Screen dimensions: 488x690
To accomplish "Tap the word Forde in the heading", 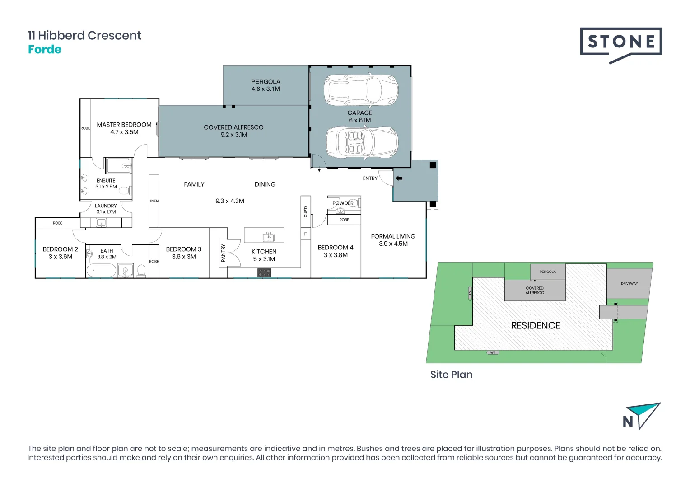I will pos(45,50).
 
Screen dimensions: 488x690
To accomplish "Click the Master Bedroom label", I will pos(124,125).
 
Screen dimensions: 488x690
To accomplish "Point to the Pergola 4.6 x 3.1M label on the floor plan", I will pos(266,85).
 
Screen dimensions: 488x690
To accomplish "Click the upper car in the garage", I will pos(361,89).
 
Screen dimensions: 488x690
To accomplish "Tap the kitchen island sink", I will pos(269,237).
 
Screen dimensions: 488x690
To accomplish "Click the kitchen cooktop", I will pos(264,272).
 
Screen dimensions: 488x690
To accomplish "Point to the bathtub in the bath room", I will pos(102,271).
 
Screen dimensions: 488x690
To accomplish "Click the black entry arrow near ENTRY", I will pos(399,178).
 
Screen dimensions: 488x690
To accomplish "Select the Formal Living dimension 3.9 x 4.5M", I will pos(393,244).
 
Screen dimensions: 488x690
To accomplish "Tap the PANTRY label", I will pos(223,253).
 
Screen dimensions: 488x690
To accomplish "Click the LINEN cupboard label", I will pos(154,201).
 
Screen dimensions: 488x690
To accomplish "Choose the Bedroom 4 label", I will pos(336,248).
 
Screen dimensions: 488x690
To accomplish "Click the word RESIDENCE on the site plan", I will pos(536,325).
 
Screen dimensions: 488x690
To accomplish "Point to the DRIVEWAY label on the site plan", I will pos(629,284).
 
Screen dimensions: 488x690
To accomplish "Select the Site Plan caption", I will pos(451,375).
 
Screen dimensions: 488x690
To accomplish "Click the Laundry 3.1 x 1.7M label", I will pos(106,209).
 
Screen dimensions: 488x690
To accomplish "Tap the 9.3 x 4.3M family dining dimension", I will pos(230,201).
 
